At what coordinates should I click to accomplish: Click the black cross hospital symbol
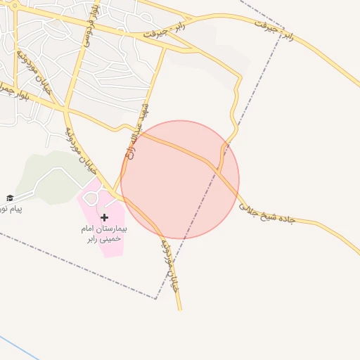(x=105, y=218)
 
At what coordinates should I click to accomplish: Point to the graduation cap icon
(x=10, y=198)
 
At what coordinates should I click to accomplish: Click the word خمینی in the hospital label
(x=111, y=239)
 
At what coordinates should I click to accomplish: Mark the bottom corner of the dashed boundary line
(x=155, y=299)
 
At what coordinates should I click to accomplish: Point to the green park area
(x=42, y=172)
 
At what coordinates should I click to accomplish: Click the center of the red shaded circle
(x=180, y=179)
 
